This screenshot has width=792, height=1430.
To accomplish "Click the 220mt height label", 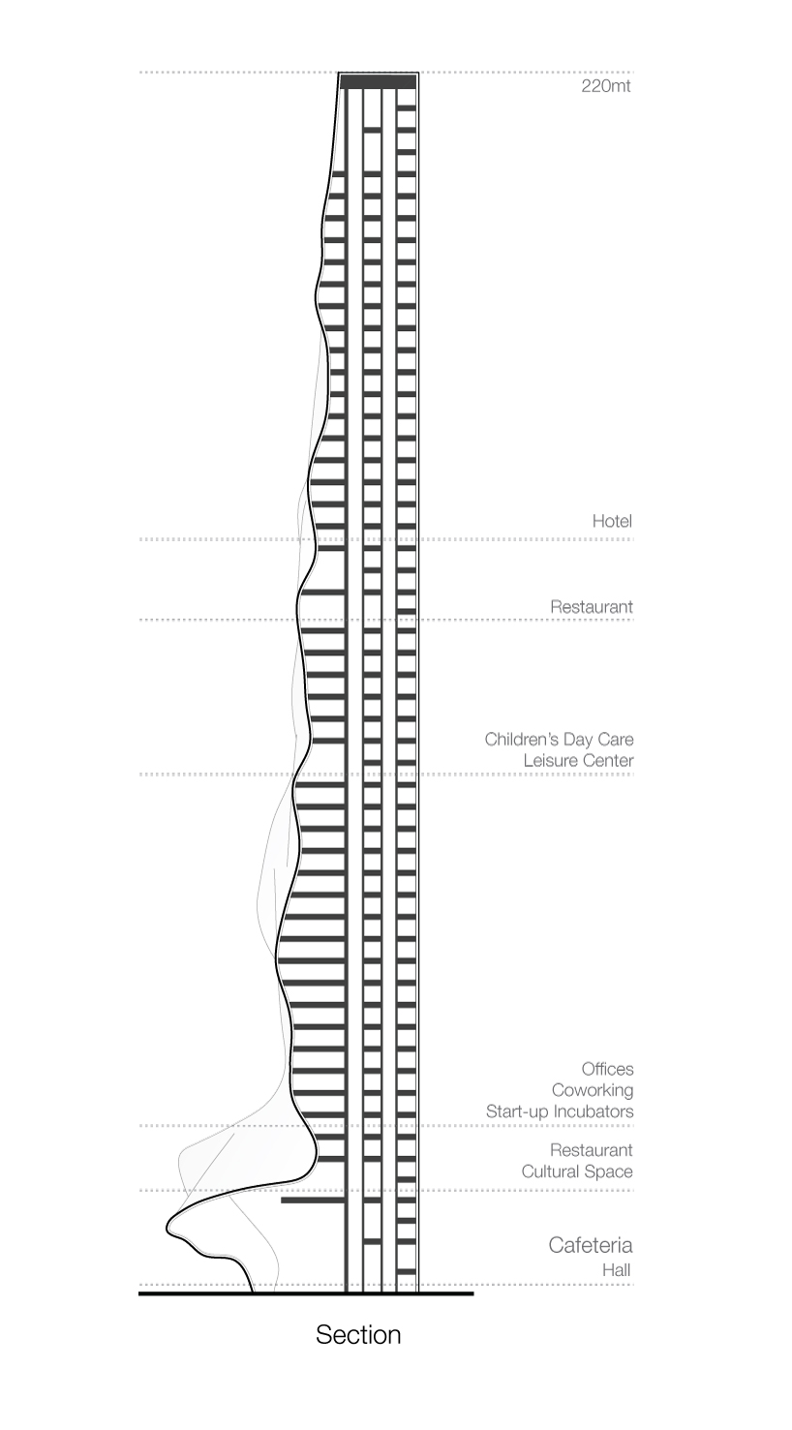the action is coord(606,87).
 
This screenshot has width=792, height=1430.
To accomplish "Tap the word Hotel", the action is coord(612,521).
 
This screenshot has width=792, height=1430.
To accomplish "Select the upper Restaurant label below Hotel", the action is coord(592,606).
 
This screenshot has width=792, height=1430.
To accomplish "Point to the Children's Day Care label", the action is coord(559,740).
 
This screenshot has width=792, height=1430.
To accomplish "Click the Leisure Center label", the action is coord(578,760).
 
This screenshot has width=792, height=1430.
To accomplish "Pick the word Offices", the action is coord(608,1069).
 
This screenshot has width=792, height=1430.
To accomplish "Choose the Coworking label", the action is coord(593,1090).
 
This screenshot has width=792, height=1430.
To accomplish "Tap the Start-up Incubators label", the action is coord(560,1111).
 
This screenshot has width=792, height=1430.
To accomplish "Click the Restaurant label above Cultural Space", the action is coord(592,1150).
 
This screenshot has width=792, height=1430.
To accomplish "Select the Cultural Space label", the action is coord(577,1171).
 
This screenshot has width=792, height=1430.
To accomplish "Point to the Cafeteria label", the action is coord(591,1244).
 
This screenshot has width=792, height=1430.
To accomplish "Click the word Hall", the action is coord(617,1269).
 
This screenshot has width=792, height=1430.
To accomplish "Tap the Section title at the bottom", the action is coord(358,1335).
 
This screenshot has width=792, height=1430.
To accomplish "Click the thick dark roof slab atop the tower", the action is coord(378,81).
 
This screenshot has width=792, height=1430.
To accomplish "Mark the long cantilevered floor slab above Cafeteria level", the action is coord(313,1201).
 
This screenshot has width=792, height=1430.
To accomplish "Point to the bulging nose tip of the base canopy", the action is coord(168,1227).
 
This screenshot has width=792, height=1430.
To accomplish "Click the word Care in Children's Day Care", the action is coord(616,740).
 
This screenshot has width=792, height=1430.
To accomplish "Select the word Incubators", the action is coord(594,1111).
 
